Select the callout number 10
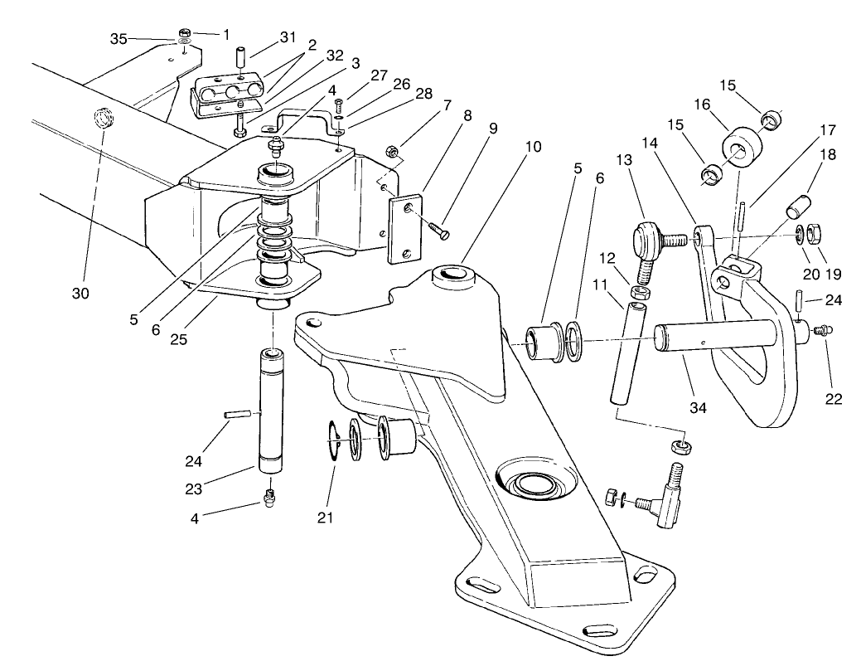coord(532,147)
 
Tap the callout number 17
coord(828,130)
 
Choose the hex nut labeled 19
coord(813,233)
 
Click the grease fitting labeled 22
coord(820,330)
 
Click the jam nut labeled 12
coord(639,292)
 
